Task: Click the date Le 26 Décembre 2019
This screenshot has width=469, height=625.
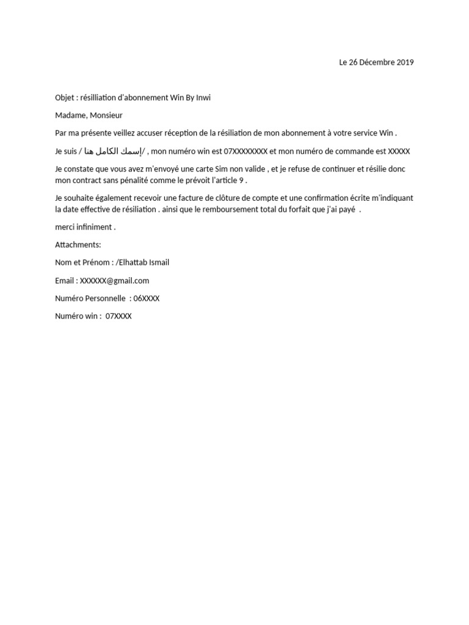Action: point(376,62)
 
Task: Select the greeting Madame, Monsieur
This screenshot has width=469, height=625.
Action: point(89,115)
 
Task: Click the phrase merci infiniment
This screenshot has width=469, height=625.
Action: point(85,227)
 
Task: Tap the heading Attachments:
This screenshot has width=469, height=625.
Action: point(78,245)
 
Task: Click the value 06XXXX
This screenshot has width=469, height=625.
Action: point(147,298)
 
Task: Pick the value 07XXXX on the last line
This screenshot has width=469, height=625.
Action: point(118,316)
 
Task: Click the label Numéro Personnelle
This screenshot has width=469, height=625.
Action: point(90,298)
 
